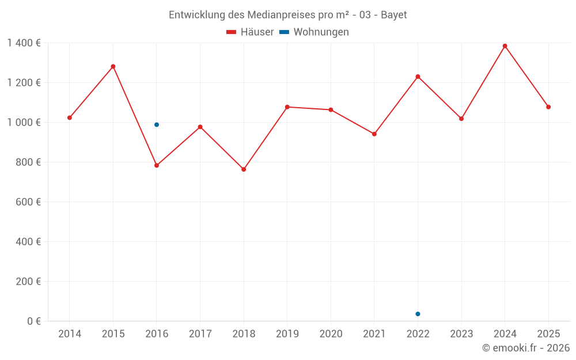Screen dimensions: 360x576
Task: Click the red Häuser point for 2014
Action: [70, 118]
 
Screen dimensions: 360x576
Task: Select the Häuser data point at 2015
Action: [113, 66]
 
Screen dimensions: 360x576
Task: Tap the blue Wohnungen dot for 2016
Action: [157, 124]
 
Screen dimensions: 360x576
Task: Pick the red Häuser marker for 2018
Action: [244, 169]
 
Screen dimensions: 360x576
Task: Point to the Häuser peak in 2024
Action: [505, 46]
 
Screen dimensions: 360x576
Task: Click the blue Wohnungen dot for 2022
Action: [418, 314]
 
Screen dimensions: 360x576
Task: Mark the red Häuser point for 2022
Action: [418, 77]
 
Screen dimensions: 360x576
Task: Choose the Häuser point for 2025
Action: [548, 107]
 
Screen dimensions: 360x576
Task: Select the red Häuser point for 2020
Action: [331, 109]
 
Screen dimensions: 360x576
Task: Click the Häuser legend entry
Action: [250, 32]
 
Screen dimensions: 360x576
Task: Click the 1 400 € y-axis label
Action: [24, 43]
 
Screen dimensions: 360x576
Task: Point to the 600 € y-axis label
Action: [29, 202]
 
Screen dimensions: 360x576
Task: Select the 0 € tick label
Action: [34, 321]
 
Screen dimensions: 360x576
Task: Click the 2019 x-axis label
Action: [287, 334]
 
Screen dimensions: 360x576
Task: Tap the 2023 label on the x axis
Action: [461, 334]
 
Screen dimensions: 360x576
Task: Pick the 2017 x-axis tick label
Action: [200, 334]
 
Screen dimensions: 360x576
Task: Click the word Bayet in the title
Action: [394, 15]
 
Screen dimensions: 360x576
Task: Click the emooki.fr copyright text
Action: [526, 348]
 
